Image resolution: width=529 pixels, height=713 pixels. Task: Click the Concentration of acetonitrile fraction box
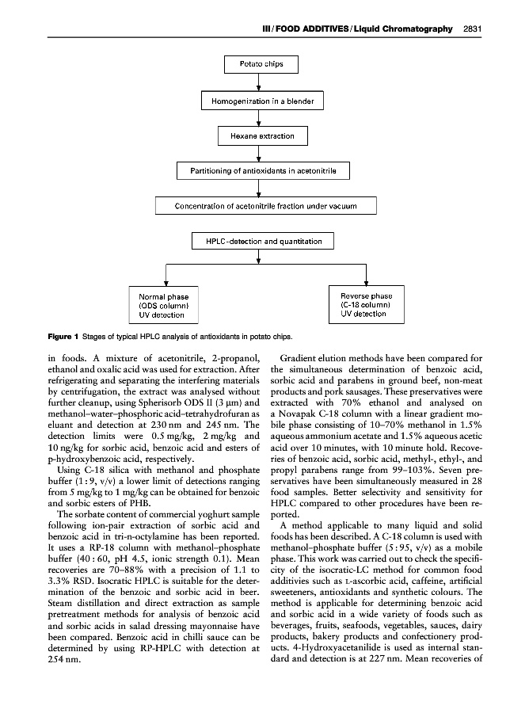(x=264, y=206)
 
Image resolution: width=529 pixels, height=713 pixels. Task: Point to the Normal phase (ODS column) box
(x=164, y=305)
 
